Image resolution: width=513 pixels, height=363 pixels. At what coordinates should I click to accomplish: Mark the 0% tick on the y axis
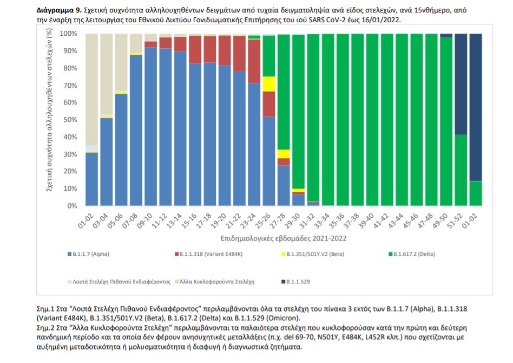pos(71,206)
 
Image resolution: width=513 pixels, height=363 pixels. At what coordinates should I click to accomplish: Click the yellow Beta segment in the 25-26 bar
pos(269,84)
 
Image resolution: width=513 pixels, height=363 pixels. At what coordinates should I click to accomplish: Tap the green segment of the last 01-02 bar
pos(475,193)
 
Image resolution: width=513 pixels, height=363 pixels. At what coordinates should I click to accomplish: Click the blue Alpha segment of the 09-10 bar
pos(151,127)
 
